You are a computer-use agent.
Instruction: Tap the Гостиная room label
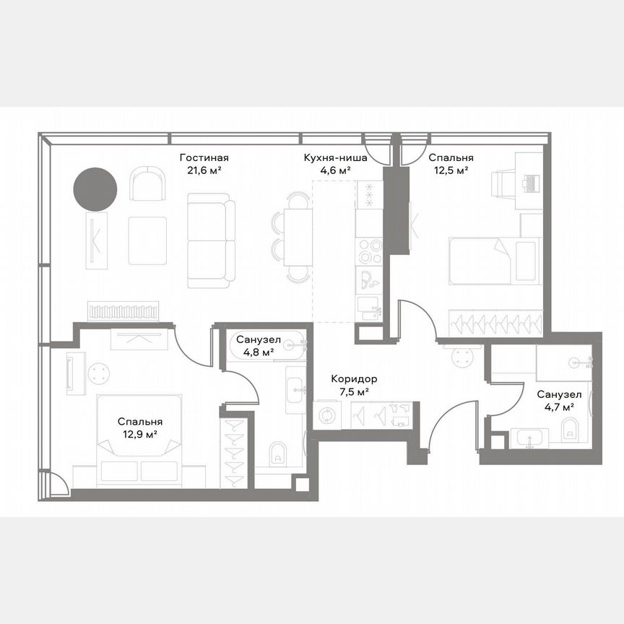[204, 158]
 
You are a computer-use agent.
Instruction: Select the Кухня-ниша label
[334, 158]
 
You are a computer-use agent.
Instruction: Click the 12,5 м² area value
[451, 171]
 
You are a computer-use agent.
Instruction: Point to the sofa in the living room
[211, 240]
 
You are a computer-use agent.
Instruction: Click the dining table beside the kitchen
[298, 236]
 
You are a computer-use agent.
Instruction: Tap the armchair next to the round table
[147, 183]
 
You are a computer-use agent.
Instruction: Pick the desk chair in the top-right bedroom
[503, 183]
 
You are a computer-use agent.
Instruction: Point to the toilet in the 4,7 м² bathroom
[570, 429]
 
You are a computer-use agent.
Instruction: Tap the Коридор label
[354, 379]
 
